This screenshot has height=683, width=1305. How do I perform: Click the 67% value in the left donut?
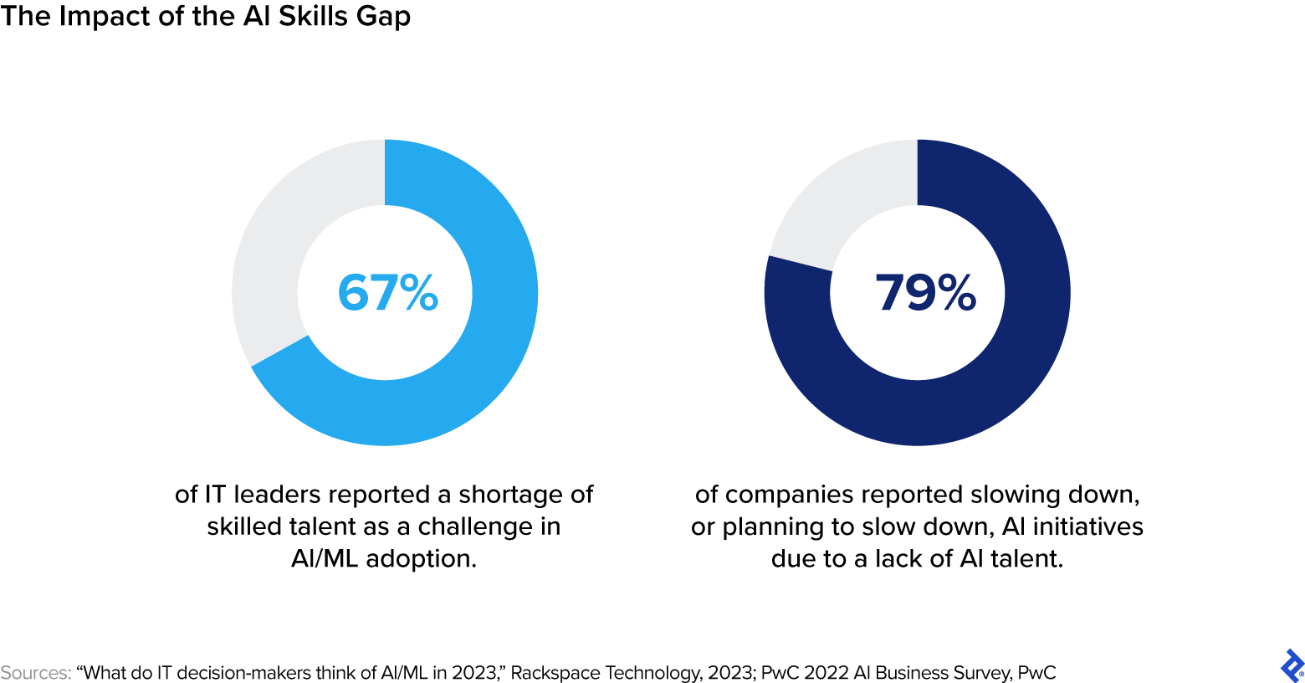pyautogui.click(x=387, y=293)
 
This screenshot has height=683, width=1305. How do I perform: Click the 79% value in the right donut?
pyautogui.click(x=925, y=293)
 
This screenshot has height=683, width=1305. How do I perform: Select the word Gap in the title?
pyautogui.click(x=385, y=16)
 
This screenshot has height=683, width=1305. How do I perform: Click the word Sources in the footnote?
pyautogui.click(x=35, y=673)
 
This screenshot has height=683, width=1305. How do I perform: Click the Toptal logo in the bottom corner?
pyautogui.click(x=1292, y=665)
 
